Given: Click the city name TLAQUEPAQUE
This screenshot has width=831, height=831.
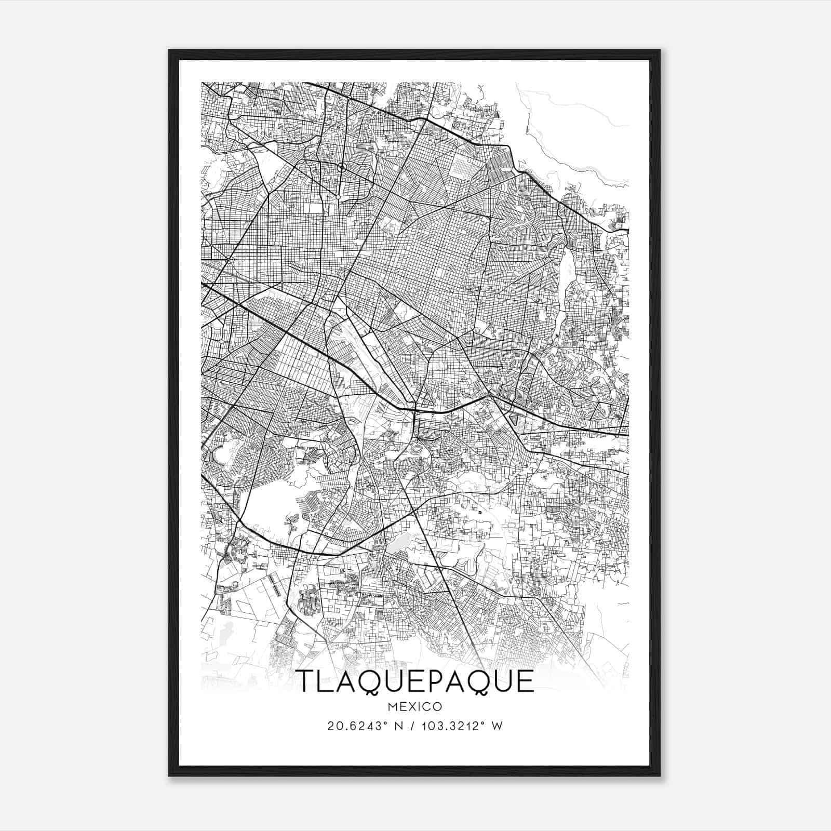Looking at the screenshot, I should click(x=415, y=681).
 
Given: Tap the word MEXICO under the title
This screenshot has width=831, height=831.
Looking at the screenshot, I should click(x=415, y=707).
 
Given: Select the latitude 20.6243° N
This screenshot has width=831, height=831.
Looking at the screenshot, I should click(x=359, y=726).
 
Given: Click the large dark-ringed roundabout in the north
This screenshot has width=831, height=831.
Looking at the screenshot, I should click(x=342, y=167).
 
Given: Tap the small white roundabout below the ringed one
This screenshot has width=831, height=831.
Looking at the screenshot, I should click(x=338, y=197).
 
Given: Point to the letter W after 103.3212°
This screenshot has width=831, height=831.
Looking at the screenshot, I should click(x=497, y=726).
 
